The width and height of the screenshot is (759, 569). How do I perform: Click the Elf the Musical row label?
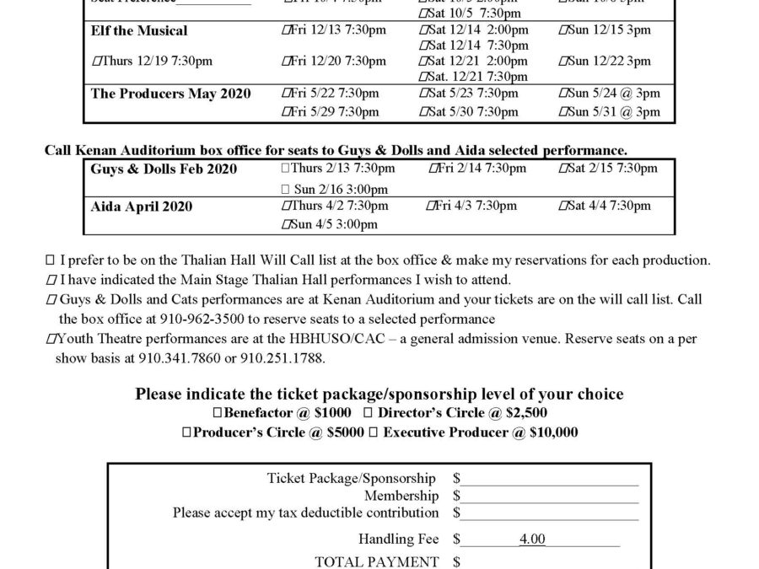click(x=139, y=30)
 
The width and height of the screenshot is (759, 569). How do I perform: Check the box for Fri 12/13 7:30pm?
click(x=284, y=30)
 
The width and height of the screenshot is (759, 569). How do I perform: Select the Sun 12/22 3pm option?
click(x=563, y=62)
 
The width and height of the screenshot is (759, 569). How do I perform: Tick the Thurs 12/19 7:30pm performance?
click(x=95, y=62)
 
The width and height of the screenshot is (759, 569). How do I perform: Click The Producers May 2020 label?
click(x=170, y=94)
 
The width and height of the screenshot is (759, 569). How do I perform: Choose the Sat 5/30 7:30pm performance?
click(x=423, y=112)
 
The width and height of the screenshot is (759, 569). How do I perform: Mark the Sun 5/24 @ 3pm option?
click(x=563, y=94)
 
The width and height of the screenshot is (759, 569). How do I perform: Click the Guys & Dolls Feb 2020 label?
click(x=164, y=169)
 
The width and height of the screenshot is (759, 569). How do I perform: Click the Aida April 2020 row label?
click(x=141, y=207)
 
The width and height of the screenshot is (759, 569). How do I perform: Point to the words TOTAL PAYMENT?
click(x=376, y=561)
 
